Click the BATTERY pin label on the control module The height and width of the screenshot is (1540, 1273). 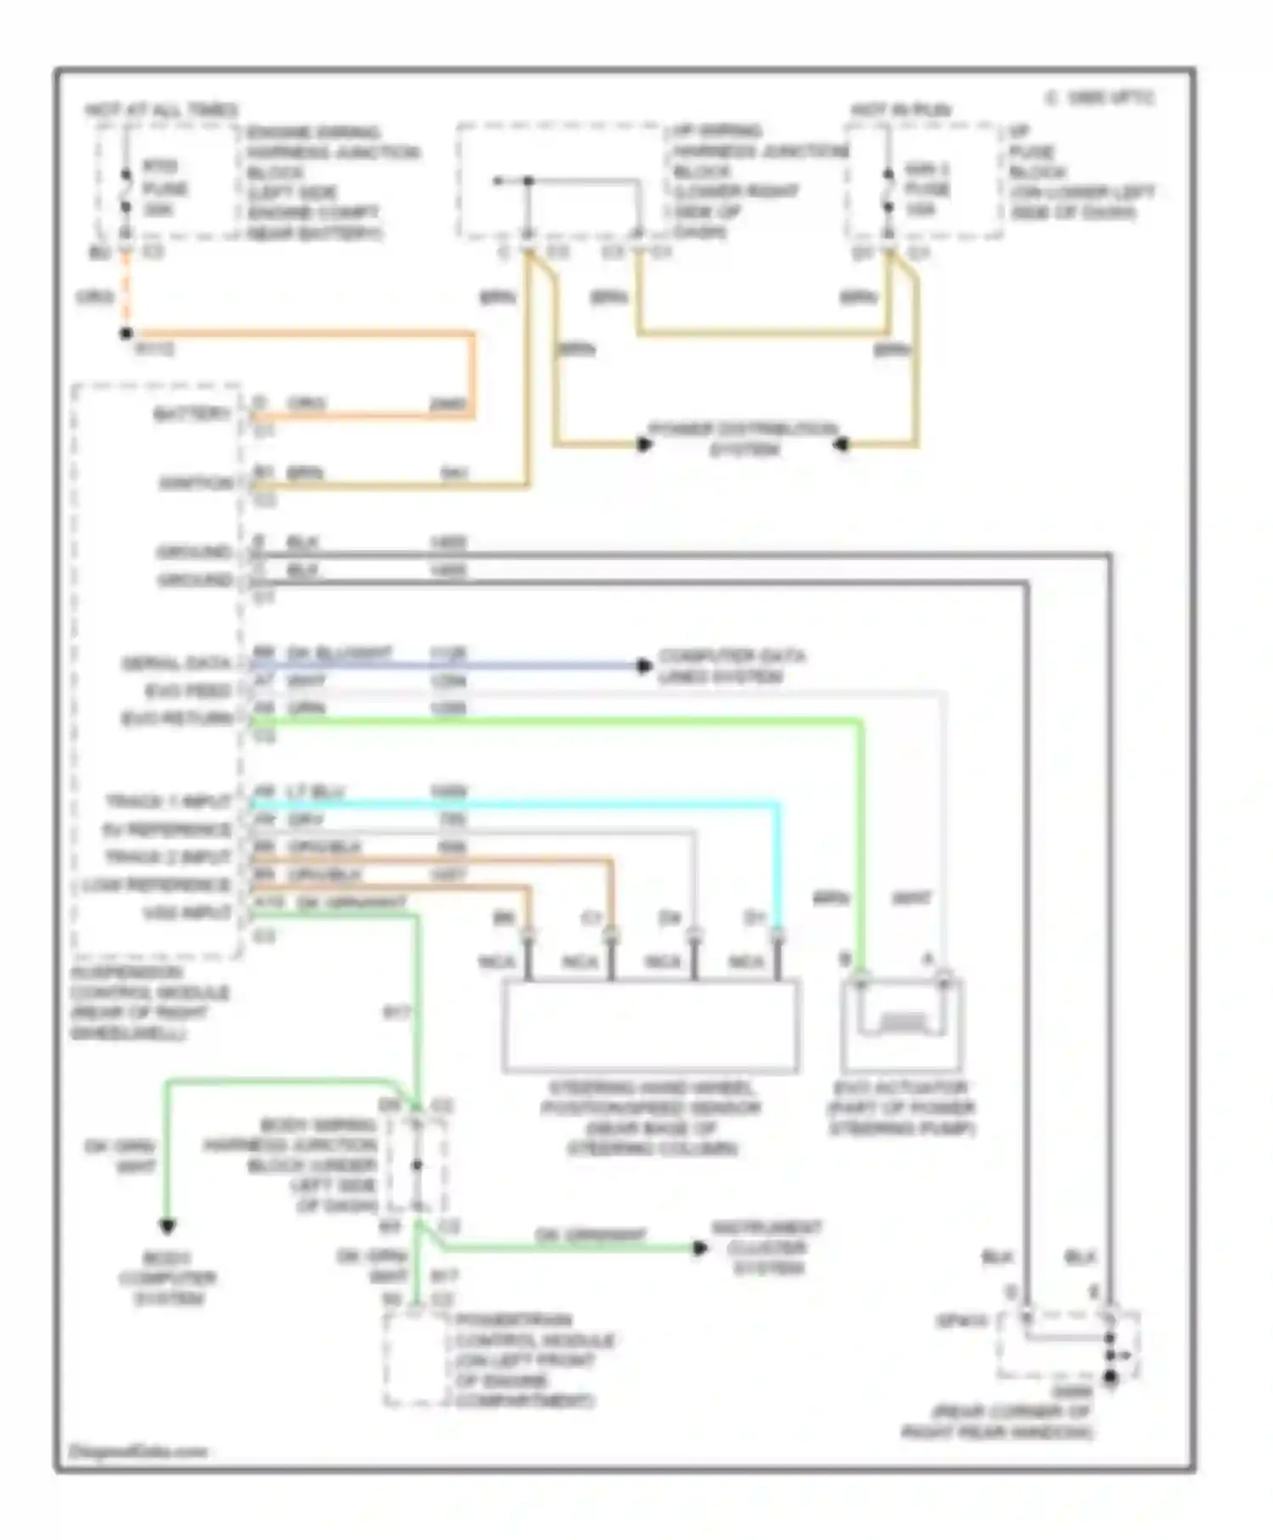(192, 414)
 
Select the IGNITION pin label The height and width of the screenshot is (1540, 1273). (196, 484)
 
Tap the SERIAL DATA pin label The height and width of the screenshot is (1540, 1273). (177, 663)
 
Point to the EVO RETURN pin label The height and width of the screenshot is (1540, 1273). (177, 719)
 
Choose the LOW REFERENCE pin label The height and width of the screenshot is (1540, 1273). (157, 885)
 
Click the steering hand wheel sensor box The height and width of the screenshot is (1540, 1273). (650, 1026)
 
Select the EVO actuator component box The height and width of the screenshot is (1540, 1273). (902, 1026)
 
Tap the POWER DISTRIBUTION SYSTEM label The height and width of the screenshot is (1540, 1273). (743, 438)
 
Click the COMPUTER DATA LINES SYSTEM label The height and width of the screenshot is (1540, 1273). (732, 666)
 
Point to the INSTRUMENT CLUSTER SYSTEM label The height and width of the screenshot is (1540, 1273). (767, 1248)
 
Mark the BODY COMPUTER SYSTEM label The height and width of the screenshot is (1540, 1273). (168, 1279)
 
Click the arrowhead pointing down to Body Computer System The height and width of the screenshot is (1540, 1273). (168, 1226)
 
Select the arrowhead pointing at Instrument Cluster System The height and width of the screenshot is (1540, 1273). (700, 1248)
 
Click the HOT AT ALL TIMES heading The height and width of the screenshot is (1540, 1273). (161, 110)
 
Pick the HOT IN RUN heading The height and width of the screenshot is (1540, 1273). (901, 110)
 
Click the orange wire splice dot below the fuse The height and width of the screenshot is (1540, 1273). (126, 334)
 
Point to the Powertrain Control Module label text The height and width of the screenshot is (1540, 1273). (524, 1361)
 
